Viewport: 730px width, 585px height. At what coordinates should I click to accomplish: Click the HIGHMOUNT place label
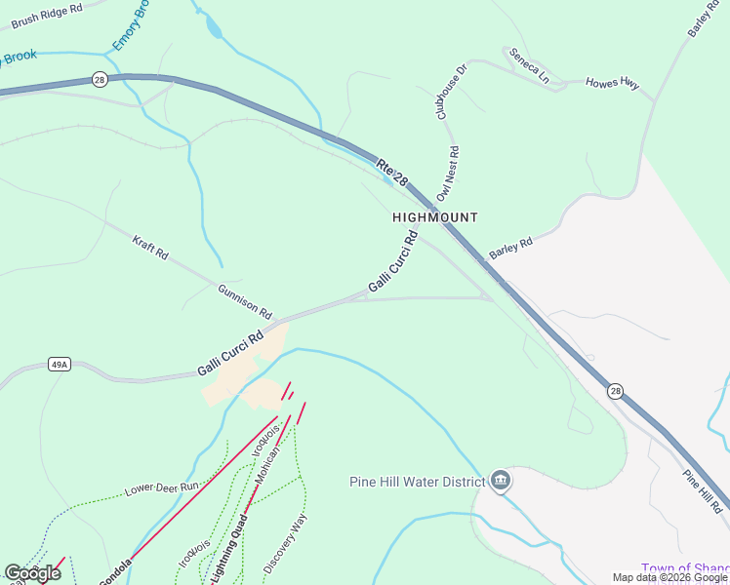point(435,217)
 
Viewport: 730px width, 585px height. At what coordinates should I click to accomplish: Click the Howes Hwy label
point(612,85)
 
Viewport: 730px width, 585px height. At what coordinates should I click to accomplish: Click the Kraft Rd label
point(150,247)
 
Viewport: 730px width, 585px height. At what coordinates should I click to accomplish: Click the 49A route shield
point(60,365)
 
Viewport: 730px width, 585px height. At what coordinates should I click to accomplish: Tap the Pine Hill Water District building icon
point(501,481)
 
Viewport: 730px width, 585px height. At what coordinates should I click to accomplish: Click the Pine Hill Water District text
point(417,482)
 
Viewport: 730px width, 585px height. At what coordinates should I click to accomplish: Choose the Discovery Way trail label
point(285,543)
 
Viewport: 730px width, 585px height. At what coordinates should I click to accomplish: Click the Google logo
point(32,573)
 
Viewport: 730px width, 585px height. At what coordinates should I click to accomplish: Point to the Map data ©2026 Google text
point(669,577)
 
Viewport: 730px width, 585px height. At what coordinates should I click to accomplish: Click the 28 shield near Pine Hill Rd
point(614,391)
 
